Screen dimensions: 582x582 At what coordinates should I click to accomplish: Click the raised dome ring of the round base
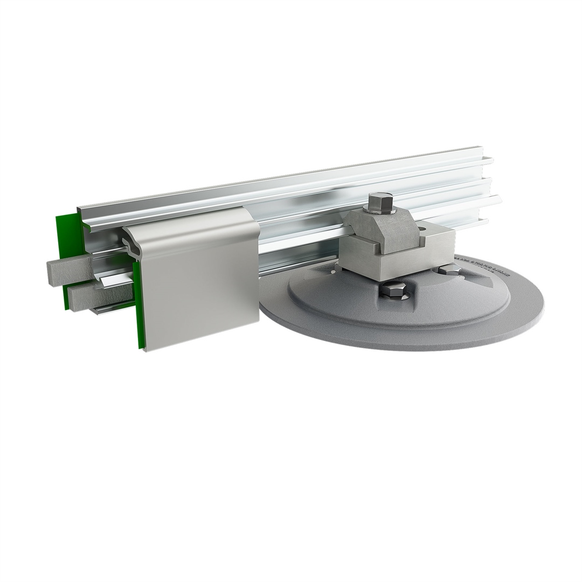345,302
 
